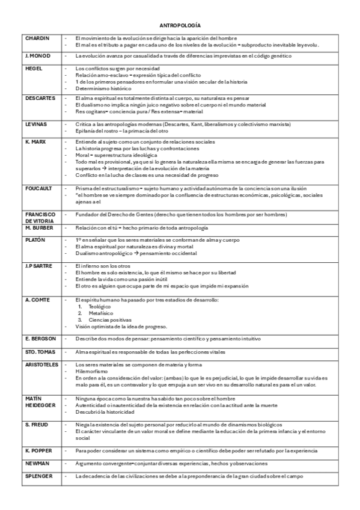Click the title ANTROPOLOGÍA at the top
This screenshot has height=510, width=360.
tap(180, 26)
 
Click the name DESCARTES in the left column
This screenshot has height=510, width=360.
tap(40, 97)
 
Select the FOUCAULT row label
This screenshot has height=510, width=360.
tap(38, 188)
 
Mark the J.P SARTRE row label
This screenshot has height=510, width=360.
tap(38, 265)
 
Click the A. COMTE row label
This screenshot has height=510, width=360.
tap(36, 300)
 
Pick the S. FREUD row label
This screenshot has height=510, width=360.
tap(36, 425)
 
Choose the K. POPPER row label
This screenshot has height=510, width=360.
tap(37, 450)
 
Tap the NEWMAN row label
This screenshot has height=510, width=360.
tap(37, 464)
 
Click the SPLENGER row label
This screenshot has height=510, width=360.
tap(38, 476)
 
